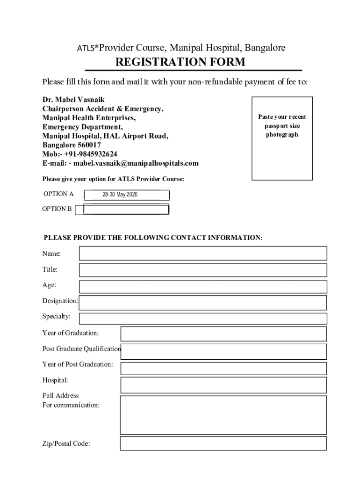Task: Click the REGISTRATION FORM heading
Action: pos(180,62)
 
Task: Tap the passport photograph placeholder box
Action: pos(282,138)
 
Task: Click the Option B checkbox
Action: pos(79,210)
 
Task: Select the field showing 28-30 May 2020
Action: pos(126,195)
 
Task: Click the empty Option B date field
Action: pos(126,210)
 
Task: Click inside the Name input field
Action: pos(203,254)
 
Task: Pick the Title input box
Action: pos(203,270)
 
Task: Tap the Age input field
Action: pos(203,286)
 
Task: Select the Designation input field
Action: pos(203,303)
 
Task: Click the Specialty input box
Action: pos(203,319)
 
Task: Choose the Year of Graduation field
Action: pos(223,334)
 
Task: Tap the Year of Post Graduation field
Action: pos(223,368)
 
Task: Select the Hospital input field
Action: pos(223,385)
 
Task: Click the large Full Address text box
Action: pos(223,415)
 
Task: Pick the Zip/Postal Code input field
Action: pos(223,443)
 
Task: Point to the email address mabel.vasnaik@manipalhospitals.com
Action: pos(136,163)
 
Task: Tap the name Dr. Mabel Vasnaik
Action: pos(73,100)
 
